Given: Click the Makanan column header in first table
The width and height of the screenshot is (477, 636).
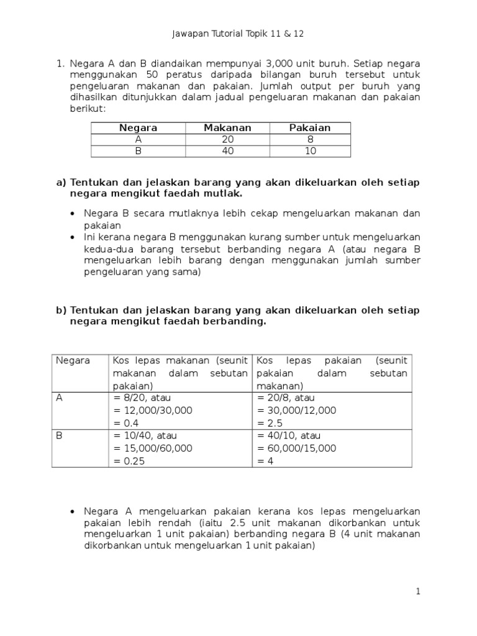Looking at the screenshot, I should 227,128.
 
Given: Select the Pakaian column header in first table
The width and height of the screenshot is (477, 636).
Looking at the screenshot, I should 310,128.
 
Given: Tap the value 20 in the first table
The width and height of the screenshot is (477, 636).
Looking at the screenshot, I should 227,140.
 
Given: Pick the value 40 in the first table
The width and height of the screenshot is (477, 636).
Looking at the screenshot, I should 227,152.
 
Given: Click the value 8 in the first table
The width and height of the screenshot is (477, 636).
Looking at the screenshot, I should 310,140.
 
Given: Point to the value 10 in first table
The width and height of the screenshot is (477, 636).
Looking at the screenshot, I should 310,152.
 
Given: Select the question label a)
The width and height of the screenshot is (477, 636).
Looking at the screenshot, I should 61,183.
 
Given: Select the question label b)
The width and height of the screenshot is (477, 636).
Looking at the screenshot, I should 61,310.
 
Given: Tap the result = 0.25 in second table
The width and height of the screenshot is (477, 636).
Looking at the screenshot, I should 129,460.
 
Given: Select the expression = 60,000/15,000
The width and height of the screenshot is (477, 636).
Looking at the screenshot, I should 296,448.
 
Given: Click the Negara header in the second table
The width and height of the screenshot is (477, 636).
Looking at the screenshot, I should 73,360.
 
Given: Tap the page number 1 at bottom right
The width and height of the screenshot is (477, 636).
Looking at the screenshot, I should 419,592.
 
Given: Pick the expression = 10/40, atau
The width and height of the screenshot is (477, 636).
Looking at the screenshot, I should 143,435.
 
